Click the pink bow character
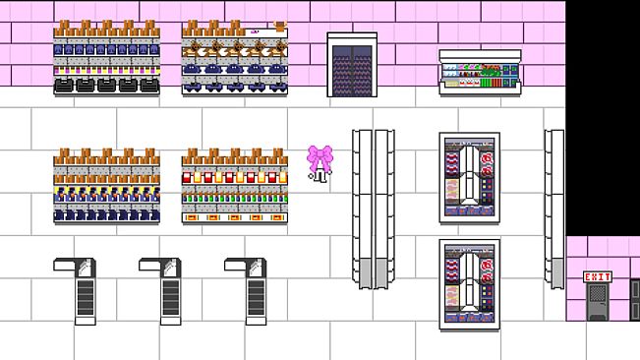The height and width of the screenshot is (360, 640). (x=320, y=164)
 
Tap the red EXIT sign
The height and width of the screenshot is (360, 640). (x=598, y=277)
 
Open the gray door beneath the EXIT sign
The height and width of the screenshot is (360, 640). (x=598, y=302)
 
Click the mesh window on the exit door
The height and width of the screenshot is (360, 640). (x=598, y=293)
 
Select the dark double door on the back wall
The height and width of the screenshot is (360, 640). (x=352, y=65)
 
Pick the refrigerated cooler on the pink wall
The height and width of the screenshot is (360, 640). (x=480, y=72)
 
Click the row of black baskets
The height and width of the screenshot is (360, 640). (x=106, y=86)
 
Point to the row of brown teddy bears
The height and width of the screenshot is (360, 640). (x=235, y=49)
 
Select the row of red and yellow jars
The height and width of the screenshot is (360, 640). (x=235, y=178)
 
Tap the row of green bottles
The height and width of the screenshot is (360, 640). (x=235, y=199)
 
